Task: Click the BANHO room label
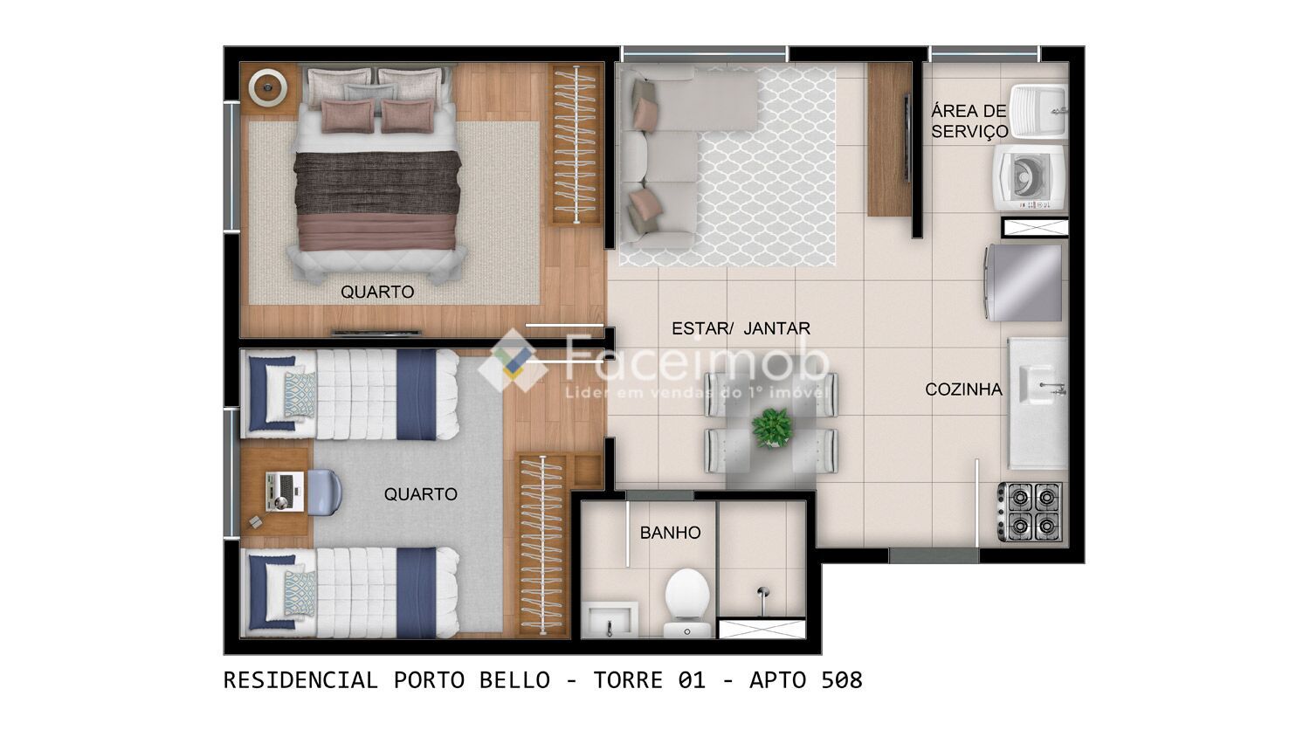pos(670,533)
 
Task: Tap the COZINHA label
pos(963,389)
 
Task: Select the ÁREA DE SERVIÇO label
pos(969,121)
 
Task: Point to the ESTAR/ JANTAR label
pos(741,328)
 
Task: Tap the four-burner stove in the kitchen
pos(1031,511)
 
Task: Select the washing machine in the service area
pos(1031,177)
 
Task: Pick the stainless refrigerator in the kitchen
pos(1024,283)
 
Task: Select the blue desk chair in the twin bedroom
pos(323,492)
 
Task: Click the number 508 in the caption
pos(842,681)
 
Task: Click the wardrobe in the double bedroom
pos(576,144)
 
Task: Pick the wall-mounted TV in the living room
pos(907,137)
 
